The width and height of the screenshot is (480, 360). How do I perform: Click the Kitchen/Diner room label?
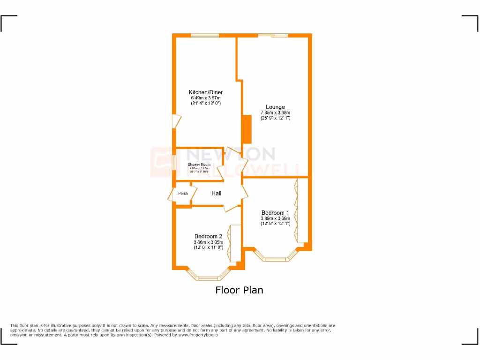pos(205,92)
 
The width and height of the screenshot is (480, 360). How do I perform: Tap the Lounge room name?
pos(275,107)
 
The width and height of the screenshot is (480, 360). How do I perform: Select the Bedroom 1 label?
pos(275,213)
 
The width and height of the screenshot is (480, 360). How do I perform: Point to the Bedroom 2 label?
pos(208,236)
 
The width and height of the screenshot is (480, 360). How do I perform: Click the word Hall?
pos(216,193)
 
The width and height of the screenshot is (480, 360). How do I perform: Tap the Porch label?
pos(183,194)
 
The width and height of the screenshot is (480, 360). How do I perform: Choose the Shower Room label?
pos(199,165)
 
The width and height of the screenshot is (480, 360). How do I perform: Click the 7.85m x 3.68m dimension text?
pos(275,112)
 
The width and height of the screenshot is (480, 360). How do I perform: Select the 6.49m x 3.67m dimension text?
pos(205,97)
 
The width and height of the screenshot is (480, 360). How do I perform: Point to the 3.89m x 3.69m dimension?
pos(275,218)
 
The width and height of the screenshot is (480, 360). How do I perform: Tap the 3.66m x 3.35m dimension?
pos(208,242)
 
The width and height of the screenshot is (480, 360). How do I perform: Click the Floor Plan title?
pos(239,290)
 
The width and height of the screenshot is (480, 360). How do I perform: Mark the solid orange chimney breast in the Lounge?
pos(246,128)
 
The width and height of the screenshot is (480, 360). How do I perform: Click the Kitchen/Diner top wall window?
pos(204,35)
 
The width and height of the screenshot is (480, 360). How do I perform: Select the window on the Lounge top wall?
pos(273,35)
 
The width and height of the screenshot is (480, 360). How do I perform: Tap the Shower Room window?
pos(174,164)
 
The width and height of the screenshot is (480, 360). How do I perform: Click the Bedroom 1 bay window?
pos(275,258)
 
